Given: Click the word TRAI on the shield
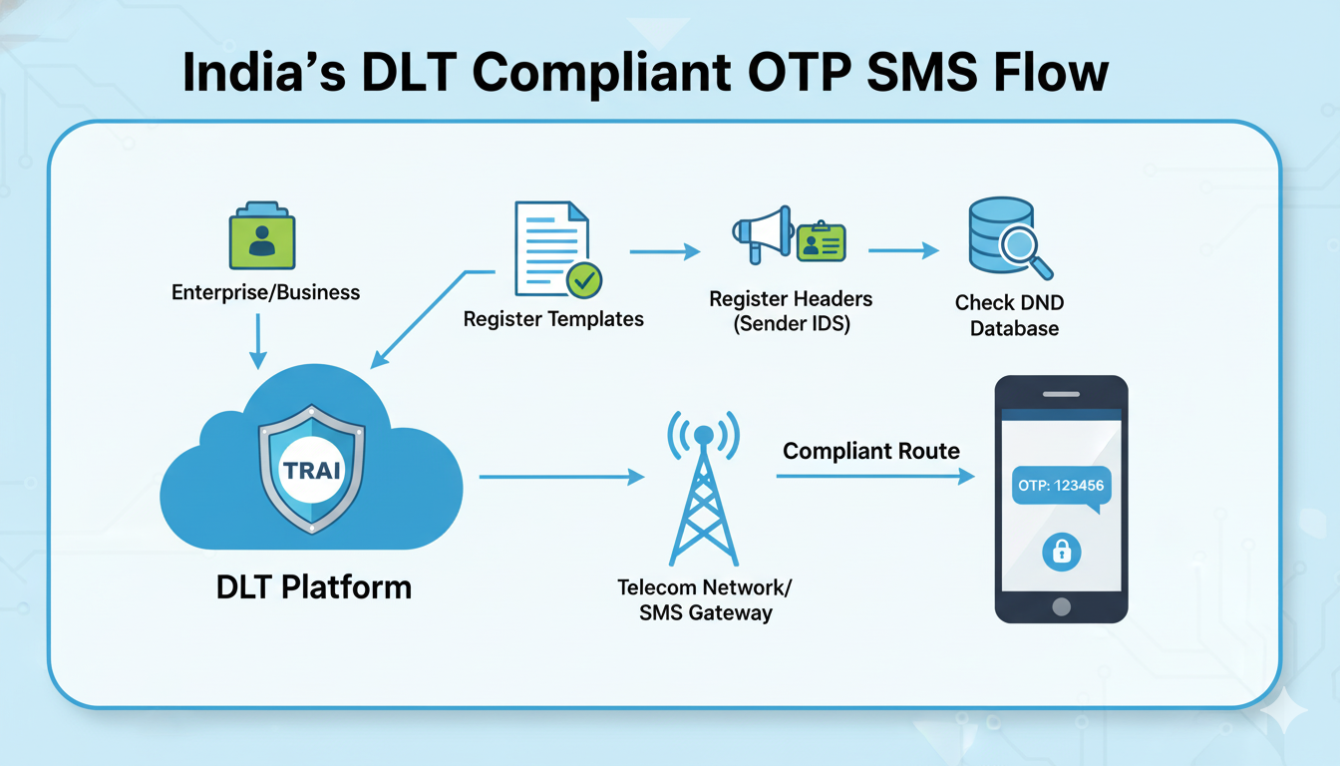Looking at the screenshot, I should tap(312, 469).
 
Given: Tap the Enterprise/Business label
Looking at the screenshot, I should tap(265, 292).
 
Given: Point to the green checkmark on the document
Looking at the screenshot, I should tap(584, 280).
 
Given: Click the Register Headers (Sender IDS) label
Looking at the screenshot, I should tap(791, 311).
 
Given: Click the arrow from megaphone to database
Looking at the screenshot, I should tap(903, 251).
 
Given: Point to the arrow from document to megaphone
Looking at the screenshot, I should tap(665, 253).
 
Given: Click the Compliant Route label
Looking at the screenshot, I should tap(871, 451).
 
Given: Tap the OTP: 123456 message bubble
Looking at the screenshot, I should tap(1061, 488).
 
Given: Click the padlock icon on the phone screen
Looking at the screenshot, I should tap(1061, 551).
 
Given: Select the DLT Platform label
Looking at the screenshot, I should tap(313, 586).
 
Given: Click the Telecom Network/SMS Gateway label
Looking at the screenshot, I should tap(705, 599).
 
